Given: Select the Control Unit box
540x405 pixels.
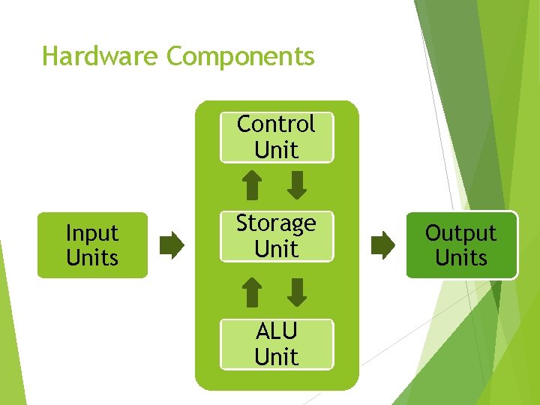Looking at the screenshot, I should pyautogui.click(x=276, y=136).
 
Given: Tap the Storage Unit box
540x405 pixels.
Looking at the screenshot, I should pyautogui.click(x=276, y=236).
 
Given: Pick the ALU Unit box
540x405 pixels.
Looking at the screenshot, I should pyautogui.click(x=276, y=343).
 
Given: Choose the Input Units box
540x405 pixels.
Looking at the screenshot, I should pyautogui.click(x=92, y=245).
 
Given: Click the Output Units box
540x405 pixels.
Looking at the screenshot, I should pyautogui.click(x=461, y=245).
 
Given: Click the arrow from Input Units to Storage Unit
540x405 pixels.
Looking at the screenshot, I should pyautogui.click(x=172, y=245).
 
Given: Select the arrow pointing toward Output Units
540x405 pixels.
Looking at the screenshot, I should pyautogui.click(x=383, y=245).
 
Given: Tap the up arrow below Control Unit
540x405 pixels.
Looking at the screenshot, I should pyautogui.click(x=253, y=185).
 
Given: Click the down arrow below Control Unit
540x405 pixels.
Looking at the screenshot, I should pyautogui.click(x=298, y=185).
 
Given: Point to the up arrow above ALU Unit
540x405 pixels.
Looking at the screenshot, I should pyautogui.click(x=253, y=292).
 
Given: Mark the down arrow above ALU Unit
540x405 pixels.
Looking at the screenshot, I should pyautogui.click(x=298, y=292).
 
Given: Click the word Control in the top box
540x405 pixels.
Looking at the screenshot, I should pyautogui.click(x=276, y=124).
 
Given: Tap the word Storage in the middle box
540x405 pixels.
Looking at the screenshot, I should pyautogui.click(x=276, y=223).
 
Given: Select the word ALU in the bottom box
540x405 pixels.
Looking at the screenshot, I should pyautogui.click(x=276, y=331).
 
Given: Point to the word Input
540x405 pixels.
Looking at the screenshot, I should pyautogui.click(x=92, y=233).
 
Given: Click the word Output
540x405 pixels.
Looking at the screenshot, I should pyautogui.click(x=461, y=233).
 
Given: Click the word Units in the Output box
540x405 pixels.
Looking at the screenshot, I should pyautogui.click(x=461, y=258).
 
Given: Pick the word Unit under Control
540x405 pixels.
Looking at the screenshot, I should pyautogui.click(x=276, y=149).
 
